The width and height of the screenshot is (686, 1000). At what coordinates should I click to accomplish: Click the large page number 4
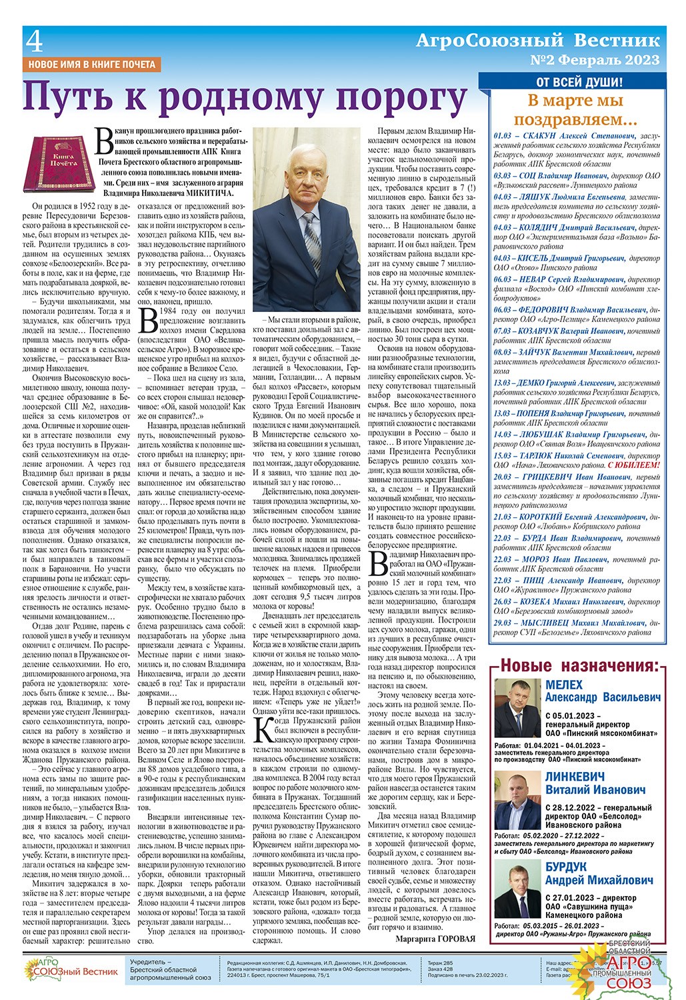click(35, 44)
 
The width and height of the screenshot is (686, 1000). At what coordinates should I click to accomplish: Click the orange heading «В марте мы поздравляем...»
click(575, 110)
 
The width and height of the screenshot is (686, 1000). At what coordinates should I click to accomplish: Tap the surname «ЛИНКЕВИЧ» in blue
click(575, 777)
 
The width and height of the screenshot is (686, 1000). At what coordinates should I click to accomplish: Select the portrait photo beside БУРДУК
click(517, 891)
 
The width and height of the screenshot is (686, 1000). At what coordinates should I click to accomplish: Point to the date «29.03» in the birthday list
click(503, 623)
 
